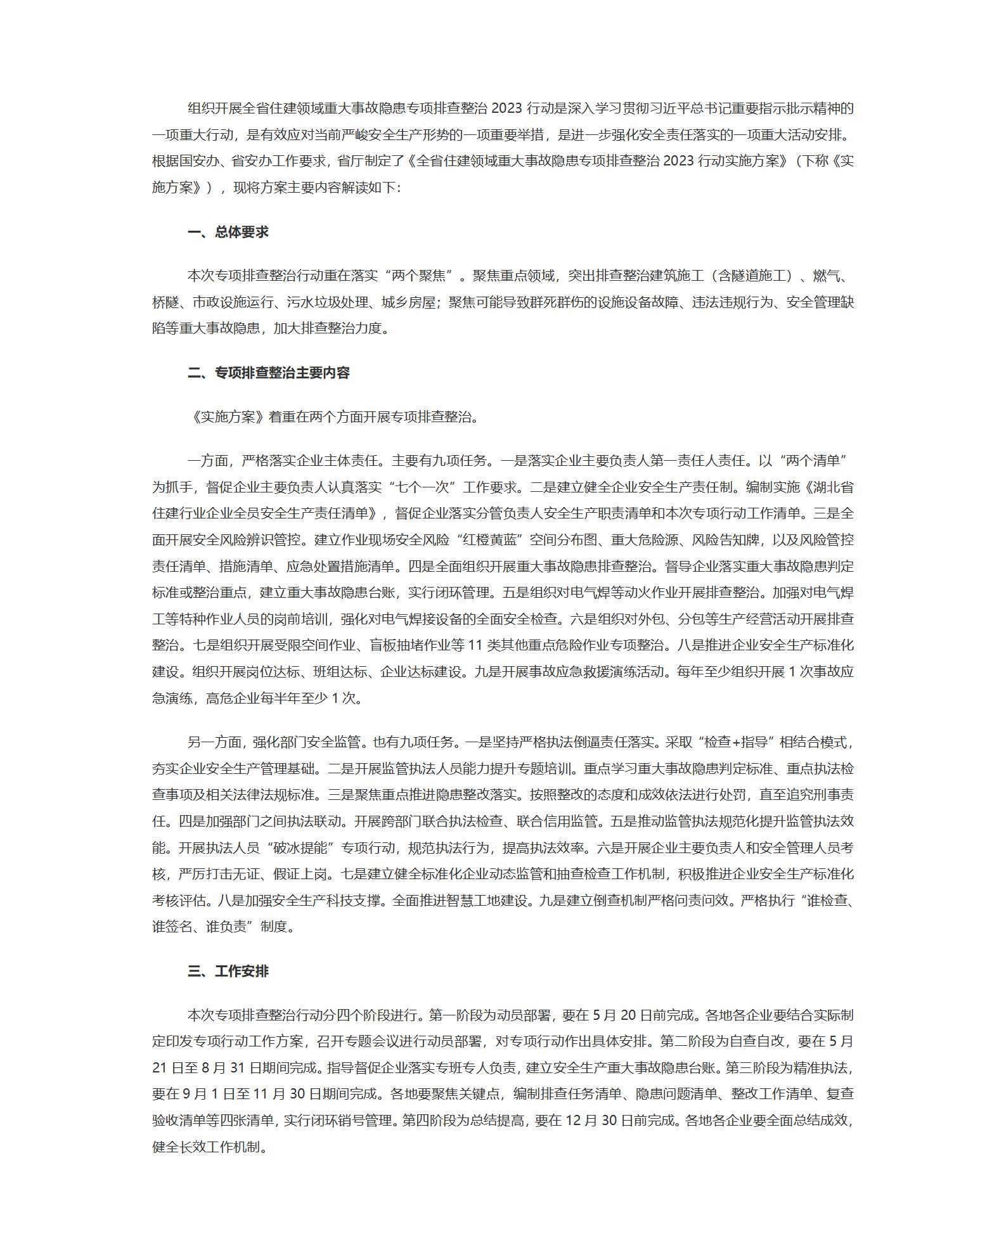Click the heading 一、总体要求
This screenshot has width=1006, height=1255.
(x=228, y=232)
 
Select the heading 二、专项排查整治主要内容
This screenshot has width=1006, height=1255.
(x=269, y=373)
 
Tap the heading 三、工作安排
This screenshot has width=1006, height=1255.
(x=228, y=971)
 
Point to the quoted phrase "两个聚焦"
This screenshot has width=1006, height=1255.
(x=420, y=276)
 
